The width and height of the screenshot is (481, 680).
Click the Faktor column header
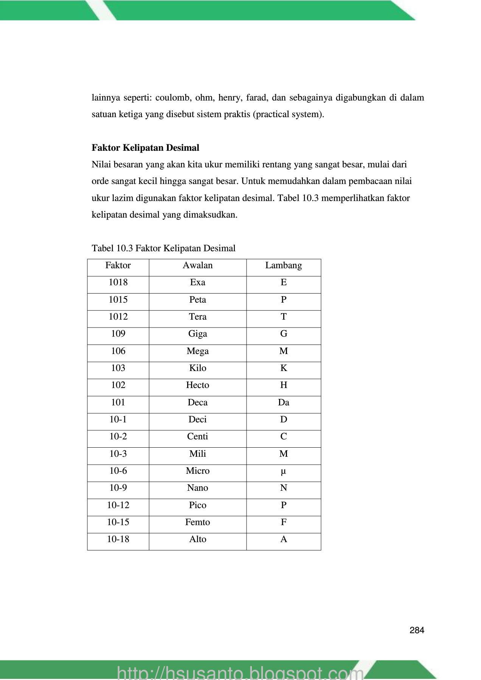118,266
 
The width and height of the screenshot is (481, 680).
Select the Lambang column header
284,266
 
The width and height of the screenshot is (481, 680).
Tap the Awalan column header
197,266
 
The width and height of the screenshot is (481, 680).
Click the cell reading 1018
118,283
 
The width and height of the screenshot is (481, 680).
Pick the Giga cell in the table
197,334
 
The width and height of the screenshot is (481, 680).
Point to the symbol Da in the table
284,403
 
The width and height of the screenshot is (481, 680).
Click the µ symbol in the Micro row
284,471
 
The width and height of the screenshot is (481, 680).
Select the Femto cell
197,522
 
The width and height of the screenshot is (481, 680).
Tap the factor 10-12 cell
118,505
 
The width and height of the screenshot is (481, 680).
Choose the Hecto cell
197,385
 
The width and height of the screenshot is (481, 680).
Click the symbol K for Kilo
284,368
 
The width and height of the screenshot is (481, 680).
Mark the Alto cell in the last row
197,539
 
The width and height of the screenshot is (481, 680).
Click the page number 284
417,630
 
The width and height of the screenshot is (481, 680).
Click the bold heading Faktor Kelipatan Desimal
145,148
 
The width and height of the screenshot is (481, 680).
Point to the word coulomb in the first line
172,98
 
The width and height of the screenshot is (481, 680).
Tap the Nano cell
197,488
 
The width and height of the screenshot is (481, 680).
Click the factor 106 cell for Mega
118,351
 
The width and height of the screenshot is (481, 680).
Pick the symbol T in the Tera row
284,317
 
